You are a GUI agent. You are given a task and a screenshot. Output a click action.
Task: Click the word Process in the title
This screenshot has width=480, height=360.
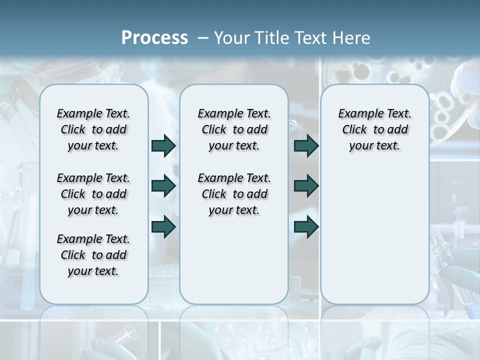coord(154,38)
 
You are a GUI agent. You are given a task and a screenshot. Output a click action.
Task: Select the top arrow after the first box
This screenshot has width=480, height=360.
coord(163,146)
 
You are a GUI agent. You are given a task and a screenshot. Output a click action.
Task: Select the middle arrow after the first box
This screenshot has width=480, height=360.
coord(163,186)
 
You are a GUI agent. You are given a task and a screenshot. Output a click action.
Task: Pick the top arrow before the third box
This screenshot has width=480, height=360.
coord(306,146)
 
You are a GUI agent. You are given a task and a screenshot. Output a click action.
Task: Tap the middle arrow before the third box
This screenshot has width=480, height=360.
coord(306,186)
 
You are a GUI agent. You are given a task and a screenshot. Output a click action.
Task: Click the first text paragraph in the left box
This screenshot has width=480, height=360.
coord(93,129)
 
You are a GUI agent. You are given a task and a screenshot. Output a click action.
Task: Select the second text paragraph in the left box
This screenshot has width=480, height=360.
coord(93,194)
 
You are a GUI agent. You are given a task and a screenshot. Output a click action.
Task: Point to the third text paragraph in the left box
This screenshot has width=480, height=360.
coord(93,255)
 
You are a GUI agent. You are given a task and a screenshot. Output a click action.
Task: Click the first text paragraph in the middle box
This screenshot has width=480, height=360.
coord(234,129)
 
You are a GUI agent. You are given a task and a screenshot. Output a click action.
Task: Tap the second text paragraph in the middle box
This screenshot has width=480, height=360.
coord(234,194)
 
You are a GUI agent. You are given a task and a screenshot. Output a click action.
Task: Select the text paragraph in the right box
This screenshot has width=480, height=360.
coord(374,129)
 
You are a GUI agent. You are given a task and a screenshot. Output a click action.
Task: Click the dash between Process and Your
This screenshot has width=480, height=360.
coord(203,38)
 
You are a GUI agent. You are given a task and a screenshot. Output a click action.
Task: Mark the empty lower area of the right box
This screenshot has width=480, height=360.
coord(374,235)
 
